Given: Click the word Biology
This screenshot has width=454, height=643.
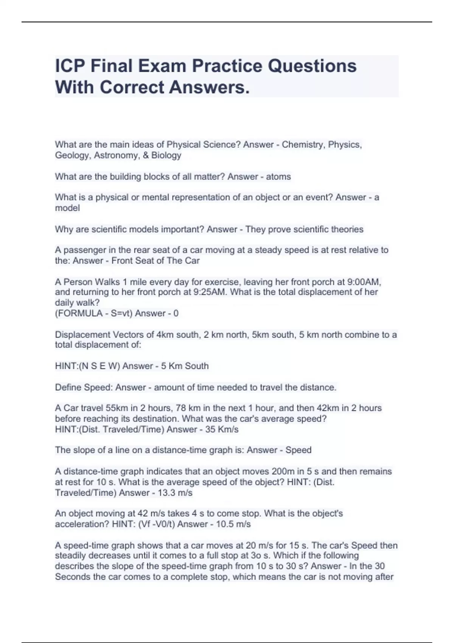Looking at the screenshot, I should click(x=166, y=155).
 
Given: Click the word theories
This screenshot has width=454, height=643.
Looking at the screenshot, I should click(x=347, y=229).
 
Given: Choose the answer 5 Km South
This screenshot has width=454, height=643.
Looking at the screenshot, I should click(x=185, y=366).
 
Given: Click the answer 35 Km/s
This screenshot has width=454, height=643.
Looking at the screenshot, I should click(x=222, y=429).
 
